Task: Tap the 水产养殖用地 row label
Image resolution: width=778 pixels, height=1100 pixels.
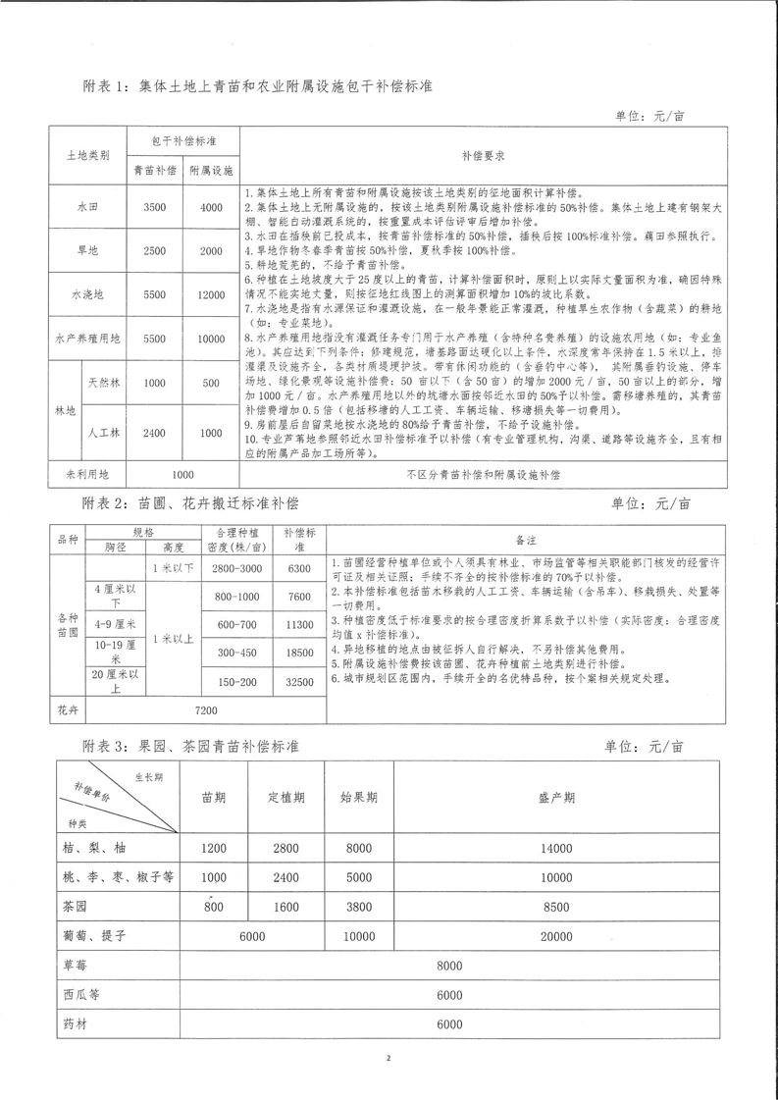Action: coord(87,338)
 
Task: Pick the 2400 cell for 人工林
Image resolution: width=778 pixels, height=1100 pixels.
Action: coord(154,432)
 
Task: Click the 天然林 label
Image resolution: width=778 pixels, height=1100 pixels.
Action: coord(105,384)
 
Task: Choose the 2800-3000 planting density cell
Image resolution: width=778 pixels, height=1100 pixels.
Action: coord(235,569)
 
